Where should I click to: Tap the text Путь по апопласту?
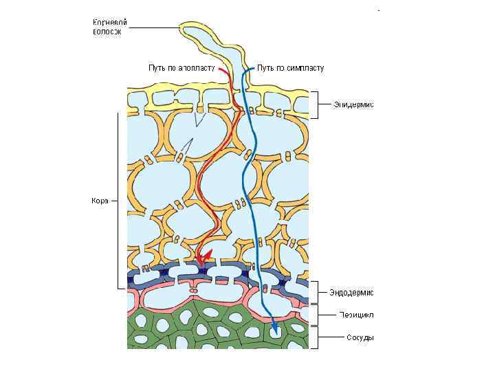[x=181, y=68]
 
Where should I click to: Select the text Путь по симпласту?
[x=291, y=68]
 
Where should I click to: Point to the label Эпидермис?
[x=353, y=105]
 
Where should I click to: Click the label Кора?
[x=100, y=201]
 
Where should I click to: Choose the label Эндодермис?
[x=351, y=293]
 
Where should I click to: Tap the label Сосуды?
[x=360, y=338]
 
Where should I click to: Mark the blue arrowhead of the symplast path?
[x=274, y=332]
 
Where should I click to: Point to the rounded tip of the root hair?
[x=186, y=29]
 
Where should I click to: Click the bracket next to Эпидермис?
[x=316, y=105]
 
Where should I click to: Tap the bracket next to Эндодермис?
[x=316, y=293]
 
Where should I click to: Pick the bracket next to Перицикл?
[x=316, y=315]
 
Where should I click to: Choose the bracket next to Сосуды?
[x=316, y=338]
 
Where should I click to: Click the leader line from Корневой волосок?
[x=151, y=28]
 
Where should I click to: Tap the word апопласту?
[x=197, y=68]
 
